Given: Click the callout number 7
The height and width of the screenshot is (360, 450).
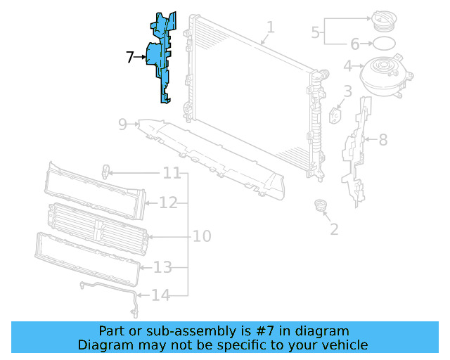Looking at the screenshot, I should pos(130,58).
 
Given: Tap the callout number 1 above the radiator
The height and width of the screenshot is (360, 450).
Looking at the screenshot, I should pos(271,28).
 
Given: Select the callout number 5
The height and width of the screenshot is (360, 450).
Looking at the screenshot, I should pos(316,32).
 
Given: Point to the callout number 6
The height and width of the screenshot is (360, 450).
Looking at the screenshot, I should pos(355,44).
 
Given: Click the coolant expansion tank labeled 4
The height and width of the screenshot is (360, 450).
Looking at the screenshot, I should pos(383,74).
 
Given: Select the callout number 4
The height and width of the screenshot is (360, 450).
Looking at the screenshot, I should pos(347,67).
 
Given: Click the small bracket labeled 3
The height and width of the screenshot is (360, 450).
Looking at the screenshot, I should pos(335,115).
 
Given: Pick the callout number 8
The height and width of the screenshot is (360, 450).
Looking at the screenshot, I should pos(383,140).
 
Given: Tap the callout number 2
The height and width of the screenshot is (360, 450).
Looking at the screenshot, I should pos(334,229).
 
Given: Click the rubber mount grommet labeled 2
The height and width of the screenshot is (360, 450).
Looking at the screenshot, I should pos(321,206).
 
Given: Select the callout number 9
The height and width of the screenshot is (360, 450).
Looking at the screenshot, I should pos(122,124).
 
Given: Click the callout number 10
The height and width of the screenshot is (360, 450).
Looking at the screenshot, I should pos(202,236).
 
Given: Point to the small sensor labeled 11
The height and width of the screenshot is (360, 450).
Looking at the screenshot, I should pos(105,171).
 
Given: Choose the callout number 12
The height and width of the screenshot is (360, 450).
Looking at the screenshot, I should pos(167,203).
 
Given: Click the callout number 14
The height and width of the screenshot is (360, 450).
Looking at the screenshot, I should pos(161,295).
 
